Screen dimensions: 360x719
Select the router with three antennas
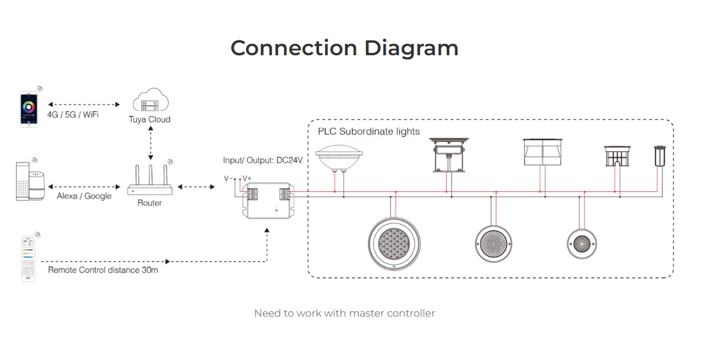150,181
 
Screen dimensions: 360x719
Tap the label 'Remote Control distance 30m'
103,270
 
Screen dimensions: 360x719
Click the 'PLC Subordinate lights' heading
368,131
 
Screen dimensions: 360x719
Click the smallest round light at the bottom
582,243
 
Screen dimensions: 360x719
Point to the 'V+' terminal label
247,178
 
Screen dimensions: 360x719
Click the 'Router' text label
150,203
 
